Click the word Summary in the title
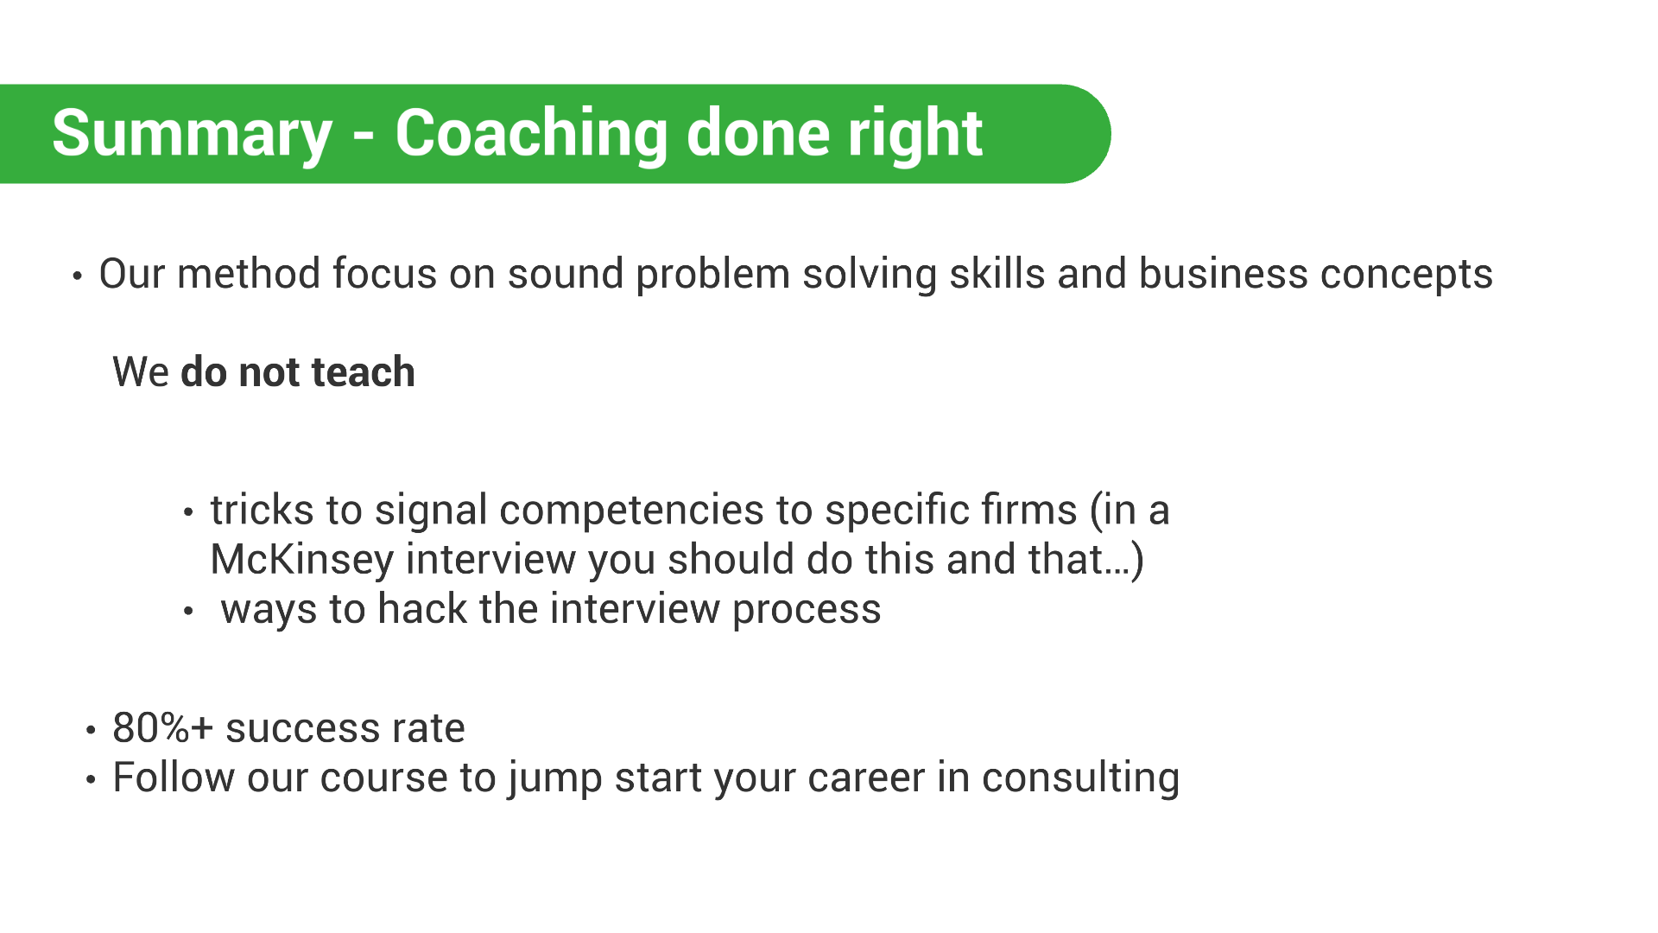pyautogui.click(x=192, y=135)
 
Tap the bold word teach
pyautogui.click(x=364, y=372)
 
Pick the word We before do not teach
pyautogui.click(x=141, y=372)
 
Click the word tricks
pyautogui.click(x=262, y=510)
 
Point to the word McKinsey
pyautogui.click(x=302, y=561)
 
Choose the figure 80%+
pyautogui.click(x=163, y=728)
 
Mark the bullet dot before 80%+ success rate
pyautogui.click(x=92, y=731)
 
